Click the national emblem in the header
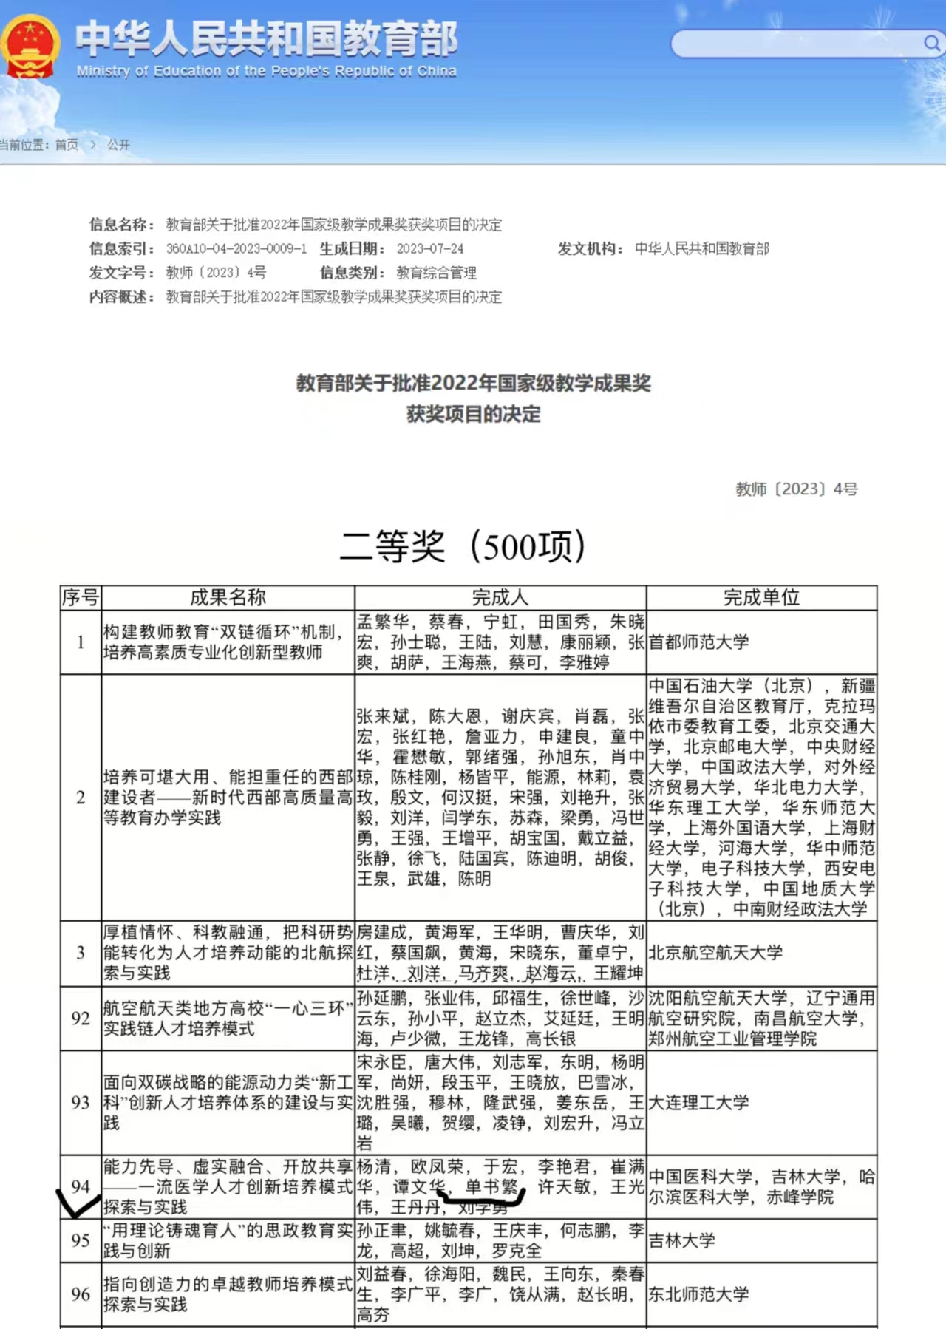point(30,46)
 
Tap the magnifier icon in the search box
point(931,44)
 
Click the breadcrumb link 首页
point(67,145)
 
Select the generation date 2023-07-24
point(430,249)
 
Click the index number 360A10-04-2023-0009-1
point(236,249)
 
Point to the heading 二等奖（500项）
point(463,547)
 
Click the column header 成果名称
point(228,597)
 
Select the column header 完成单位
point(761,597)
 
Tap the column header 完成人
point(500,597)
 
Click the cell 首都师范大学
point(699,642)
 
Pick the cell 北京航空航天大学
point(715,953)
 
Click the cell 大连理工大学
point(699,1103)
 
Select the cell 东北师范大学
point(699,1294)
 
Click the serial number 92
point(81,1019)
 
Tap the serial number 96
point(81,1294)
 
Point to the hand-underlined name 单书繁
point(491,1187)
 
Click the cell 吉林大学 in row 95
point(681,1240)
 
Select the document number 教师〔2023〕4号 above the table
point(796,489)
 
